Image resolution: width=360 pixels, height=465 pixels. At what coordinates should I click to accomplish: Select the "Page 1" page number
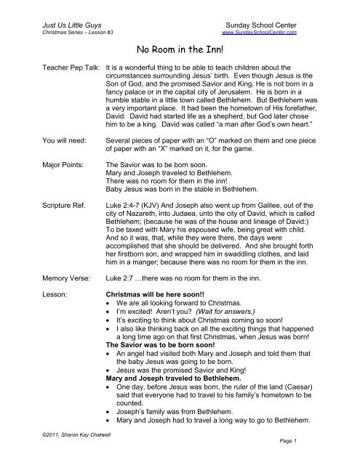click(x=304, y=460)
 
